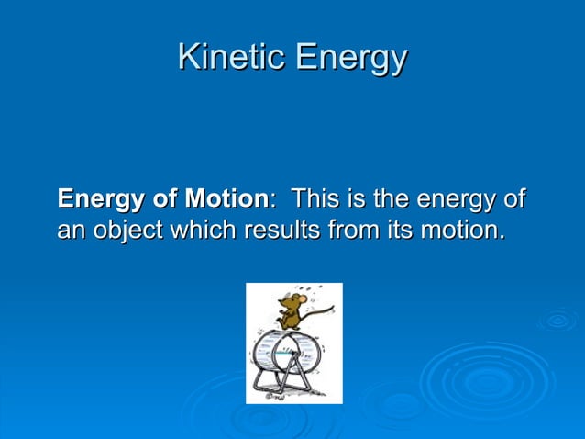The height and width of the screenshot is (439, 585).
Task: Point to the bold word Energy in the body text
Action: pyautogui.click(x=101, y=198)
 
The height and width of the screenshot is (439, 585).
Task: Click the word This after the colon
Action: pyautogui.click(x=317, y=198)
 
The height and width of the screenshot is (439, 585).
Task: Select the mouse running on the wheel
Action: pyautogui.click(x=291, y=310)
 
